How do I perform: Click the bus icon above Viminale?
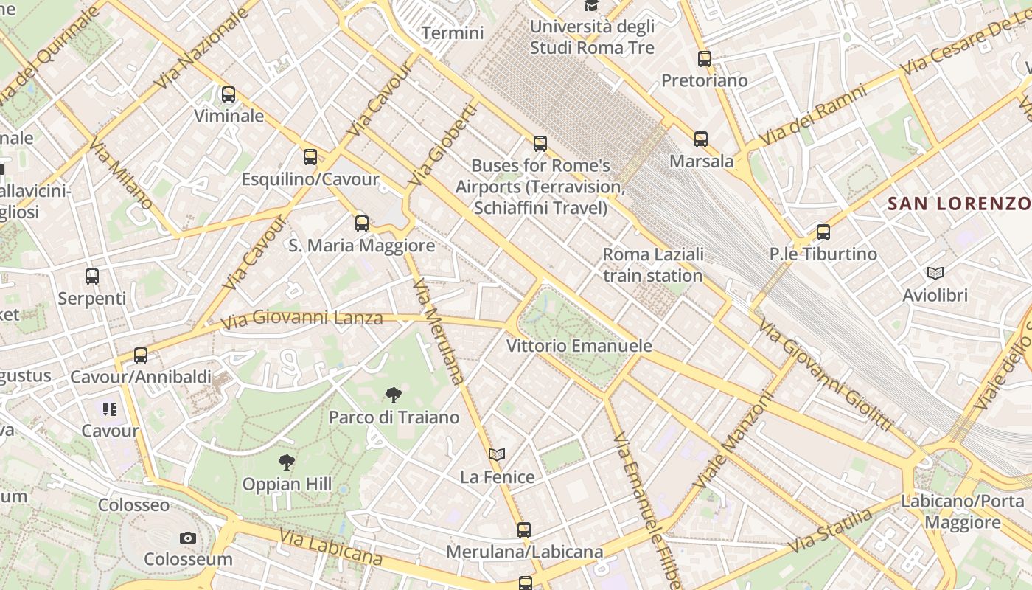click(x=229, y=94)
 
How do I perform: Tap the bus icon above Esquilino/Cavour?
click(x=310, y=157)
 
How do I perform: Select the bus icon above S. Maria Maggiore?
click(x=362, y=223)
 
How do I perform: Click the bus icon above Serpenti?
click(x=92, y=277)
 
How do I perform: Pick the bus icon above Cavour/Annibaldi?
click(x=141, y=355)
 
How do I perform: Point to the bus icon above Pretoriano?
click(x=705, y=59)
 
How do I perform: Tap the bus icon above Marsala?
click(x=701, y=139)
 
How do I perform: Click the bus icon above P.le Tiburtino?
click(x=823, y=232)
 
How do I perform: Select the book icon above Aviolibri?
click(x=935, y=274)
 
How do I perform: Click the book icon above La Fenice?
click(x=498, y=455)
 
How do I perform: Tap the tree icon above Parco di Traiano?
click(x=394, y=395)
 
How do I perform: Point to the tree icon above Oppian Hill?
click(x=287, y=462)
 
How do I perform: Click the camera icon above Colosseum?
click(x=188, y=538)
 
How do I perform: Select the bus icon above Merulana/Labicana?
click(x=524, y=530)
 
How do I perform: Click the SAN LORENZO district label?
click(x=958, y=204)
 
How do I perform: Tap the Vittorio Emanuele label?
click(x=579, y=346)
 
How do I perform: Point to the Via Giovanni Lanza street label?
click(x=302, y=319)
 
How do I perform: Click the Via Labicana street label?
click(x=331, y=548)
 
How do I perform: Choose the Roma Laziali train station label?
click(x=653, y=265)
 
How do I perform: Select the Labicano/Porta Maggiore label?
click(x=963, y=512)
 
